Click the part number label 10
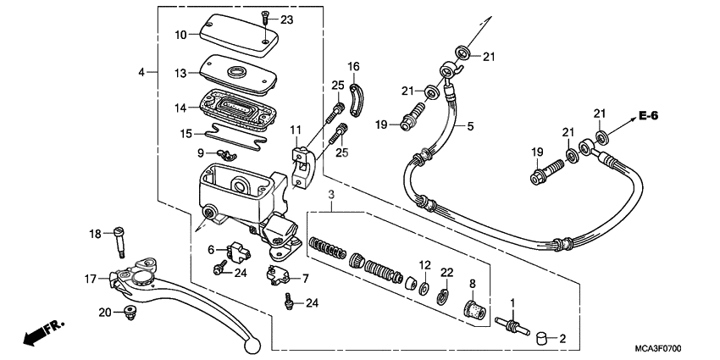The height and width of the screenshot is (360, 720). pyautogui.click(x=180, y=35)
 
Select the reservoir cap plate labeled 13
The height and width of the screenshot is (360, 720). pyautogui.click(x=238, y=70)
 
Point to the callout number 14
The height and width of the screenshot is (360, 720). pyautogui.click(x=180, y=108)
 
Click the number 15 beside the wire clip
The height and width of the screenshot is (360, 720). pyautogui.click(x=186, y=133)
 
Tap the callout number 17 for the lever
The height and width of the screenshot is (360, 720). pyautogui.click(x=91, y=278)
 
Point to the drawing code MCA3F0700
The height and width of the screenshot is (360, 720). pyautogui.click(x=658, y=348)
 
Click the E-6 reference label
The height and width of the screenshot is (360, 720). pyautogui.click(x=649, y=114)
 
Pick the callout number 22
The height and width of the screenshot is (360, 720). pyautogui.click(x=446, y=271)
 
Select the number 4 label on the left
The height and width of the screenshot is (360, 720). pyautogui.click(x=141, y=72)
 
